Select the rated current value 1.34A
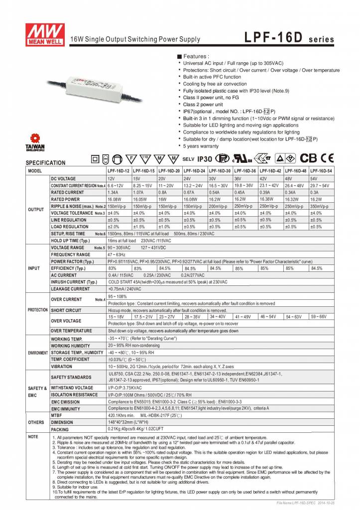[113, 192]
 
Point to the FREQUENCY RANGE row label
[71, 255]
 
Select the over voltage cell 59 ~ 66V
[319, 316]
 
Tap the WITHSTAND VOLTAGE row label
[72, 387]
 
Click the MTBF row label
[57, 414]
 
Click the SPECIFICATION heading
[45, 163]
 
